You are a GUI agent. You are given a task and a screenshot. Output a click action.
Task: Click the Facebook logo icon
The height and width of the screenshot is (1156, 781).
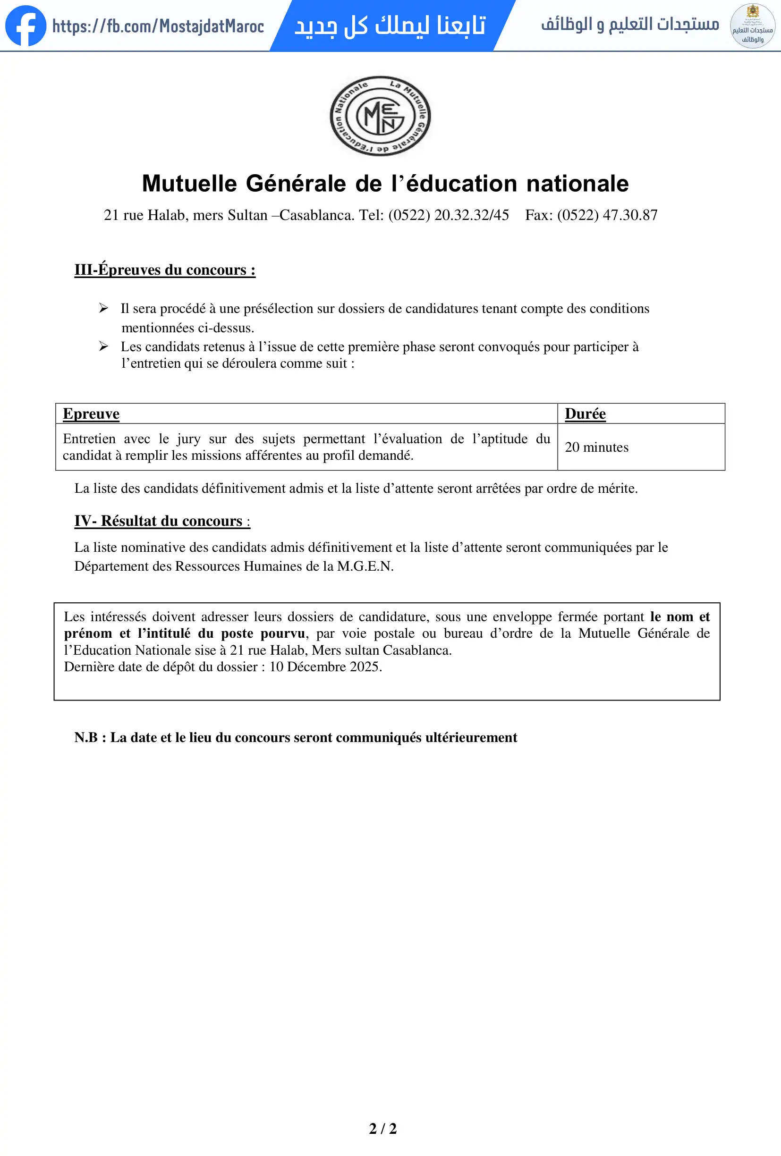coord(25,26)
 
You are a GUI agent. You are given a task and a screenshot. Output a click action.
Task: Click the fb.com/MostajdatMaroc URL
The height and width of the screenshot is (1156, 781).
coord(158,26)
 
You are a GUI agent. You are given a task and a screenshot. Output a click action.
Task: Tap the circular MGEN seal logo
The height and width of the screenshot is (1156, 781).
coord(381,116)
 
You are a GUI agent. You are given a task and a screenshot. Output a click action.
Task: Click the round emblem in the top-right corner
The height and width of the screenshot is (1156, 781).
coord(752,26)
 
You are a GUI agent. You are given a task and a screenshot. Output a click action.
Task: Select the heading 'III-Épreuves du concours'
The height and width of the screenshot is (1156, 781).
coord(165,270)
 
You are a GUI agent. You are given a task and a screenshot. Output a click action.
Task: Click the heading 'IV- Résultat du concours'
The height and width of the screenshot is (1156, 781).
coord(161,521)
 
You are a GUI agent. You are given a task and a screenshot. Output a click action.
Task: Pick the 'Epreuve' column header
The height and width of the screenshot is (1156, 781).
coord(91,414)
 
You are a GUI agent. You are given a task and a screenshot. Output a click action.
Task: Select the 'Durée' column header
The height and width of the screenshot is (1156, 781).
coord(585,414)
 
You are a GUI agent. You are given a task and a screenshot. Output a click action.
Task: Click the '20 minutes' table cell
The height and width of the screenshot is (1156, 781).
coord(596,447)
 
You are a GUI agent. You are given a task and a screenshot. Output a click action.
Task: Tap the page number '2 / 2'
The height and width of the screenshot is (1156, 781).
coord(382,1129)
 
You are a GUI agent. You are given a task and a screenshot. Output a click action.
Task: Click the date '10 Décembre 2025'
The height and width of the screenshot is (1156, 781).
coord(325,667)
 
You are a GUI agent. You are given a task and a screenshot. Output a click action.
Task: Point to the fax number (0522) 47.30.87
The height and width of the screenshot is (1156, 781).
coord(607,215)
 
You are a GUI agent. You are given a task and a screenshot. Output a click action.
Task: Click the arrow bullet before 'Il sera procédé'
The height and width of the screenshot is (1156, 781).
coord(103,308)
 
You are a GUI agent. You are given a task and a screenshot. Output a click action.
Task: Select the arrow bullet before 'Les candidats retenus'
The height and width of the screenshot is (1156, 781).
coord(103,346)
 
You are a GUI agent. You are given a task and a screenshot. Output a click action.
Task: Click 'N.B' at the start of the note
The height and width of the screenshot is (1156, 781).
coord(86,738)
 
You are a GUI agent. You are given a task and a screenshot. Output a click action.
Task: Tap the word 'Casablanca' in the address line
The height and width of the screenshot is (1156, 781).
coord(317,215)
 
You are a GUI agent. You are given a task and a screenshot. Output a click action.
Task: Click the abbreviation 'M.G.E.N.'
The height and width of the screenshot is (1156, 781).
coord(365,566)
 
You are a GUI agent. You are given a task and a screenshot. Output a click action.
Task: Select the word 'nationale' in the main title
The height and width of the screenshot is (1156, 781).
coord(577,184)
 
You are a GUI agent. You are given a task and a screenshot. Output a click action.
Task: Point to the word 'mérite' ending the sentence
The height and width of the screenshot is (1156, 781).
coord(616,489)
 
